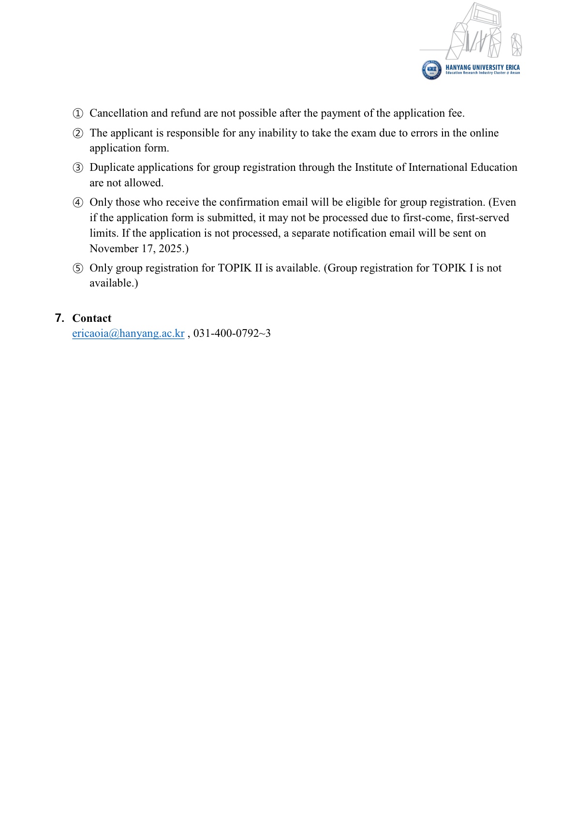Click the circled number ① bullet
point(77,114)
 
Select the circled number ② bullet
point(77,133)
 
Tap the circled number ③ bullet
point(77,168)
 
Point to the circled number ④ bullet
point(77,202)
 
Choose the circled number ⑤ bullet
point(77,269)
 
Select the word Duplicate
point(112,167)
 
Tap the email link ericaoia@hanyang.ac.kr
point(128,333)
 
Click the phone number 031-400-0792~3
point(232,333)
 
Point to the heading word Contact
point(92,318)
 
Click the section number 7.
point(59,318)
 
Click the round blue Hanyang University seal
point(431,70)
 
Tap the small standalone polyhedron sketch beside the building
point(517,45)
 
